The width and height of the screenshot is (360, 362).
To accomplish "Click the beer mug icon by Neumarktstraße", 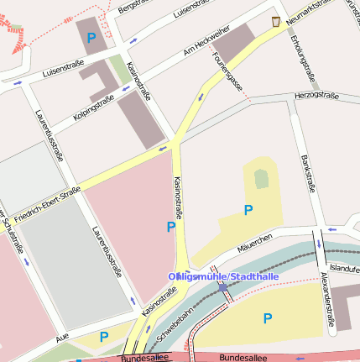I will point(275,21).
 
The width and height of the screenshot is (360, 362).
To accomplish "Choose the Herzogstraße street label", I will point(316,97).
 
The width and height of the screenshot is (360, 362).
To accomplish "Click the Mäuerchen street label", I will point(254,243).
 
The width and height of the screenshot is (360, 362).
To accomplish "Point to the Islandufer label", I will point(344,268).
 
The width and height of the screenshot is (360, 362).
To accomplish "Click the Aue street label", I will point(61,336).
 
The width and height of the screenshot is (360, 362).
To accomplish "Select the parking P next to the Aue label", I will point(104,337).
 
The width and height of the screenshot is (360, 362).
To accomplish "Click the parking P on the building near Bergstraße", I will point(91,38).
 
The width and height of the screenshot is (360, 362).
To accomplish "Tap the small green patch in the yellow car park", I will point(262,178).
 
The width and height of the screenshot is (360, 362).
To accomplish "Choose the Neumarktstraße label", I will point(316,12).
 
